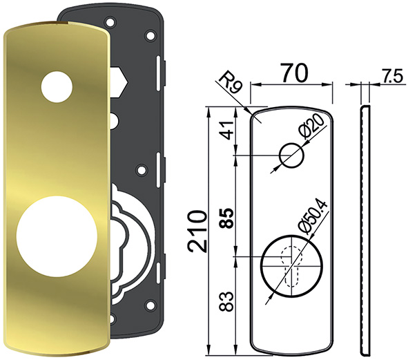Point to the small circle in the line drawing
[x=291, y=156]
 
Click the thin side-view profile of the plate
[x=365, y=228]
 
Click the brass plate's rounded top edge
[x=55, y=26]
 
